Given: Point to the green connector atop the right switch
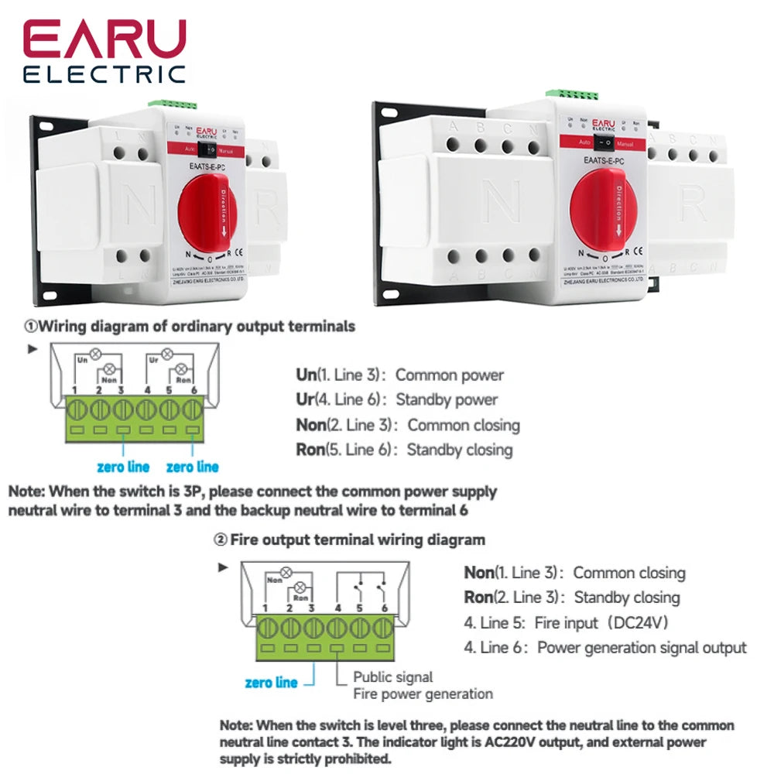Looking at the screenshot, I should click(572, 94).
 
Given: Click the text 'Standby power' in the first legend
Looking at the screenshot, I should click(447, 400).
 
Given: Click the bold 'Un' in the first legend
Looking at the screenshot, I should click(307, 375).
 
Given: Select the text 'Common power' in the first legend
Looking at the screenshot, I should click(450, 375).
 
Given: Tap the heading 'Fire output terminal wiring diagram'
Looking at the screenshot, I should click(358, 539).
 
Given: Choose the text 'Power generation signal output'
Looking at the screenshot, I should click(642, 648).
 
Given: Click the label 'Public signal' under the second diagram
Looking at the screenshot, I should click(393, 677).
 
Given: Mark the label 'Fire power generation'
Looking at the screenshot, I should click(423, 694).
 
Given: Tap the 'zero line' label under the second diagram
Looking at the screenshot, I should click(271, 683).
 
